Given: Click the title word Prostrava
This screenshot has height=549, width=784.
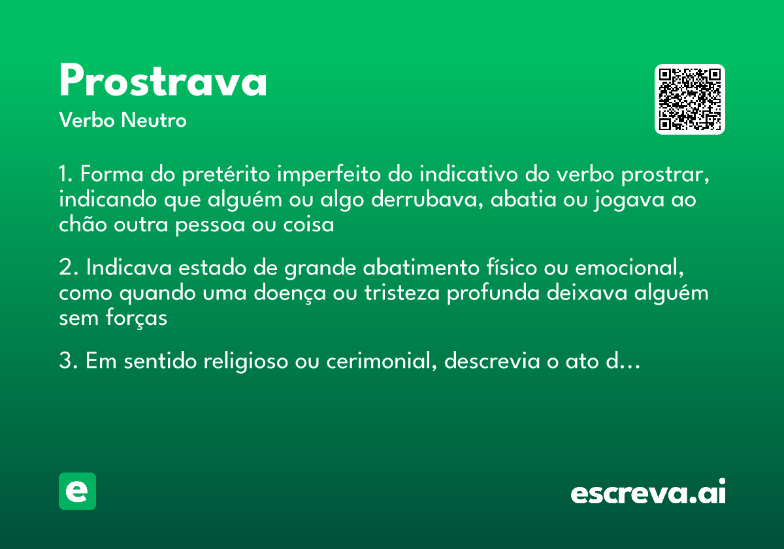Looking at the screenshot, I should point(163,82).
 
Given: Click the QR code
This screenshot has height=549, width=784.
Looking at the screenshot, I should point(689,99).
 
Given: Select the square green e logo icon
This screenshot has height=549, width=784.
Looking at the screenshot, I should point(77,491).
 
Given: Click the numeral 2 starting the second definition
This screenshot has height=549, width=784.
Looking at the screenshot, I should point(65,269).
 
